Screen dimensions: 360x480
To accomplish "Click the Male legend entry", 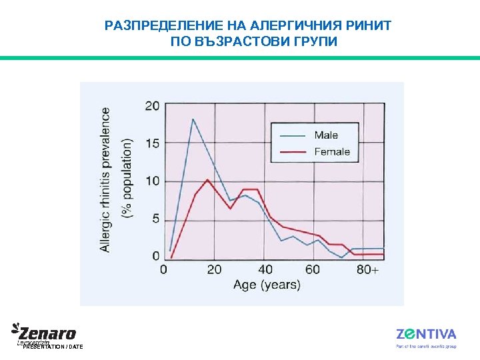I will pos(326,135).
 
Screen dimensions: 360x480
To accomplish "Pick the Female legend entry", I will pos(331,151).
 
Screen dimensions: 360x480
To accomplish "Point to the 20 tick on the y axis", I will pos(153,105).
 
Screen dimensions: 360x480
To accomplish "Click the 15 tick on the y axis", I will pos(153,143).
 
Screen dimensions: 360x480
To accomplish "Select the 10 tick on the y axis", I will pos(153,181).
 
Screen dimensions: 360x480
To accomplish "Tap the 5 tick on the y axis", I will pos(156,219).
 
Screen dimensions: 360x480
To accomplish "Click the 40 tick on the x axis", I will pos(265,269).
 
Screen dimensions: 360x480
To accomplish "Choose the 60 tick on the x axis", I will pos(313,269).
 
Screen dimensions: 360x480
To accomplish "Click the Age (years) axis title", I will pos(267,285).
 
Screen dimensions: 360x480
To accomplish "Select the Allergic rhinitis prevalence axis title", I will pos(106,180).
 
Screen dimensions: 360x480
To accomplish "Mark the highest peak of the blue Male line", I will pos(193,119).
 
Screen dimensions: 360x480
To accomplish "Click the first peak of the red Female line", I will pos(208,180).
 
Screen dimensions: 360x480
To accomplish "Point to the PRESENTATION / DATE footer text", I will pos(53,347).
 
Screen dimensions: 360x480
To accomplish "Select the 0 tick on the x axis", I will pos(164,269).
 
